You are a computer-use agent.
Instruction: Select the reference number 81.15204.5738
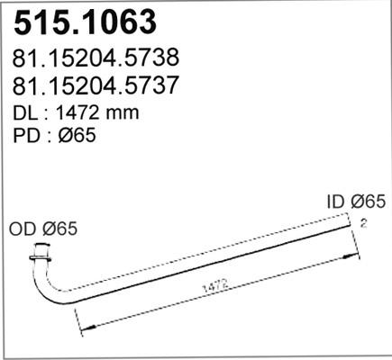click(x=96, y=58)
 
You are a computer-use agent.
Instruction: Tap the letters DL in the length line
click(x=27, y=113)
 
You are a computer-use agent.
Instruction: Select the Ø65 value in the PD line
click(x=77, y=137)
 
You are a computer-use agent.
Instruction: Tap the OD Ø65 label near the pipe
click(x=43, y=229)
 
